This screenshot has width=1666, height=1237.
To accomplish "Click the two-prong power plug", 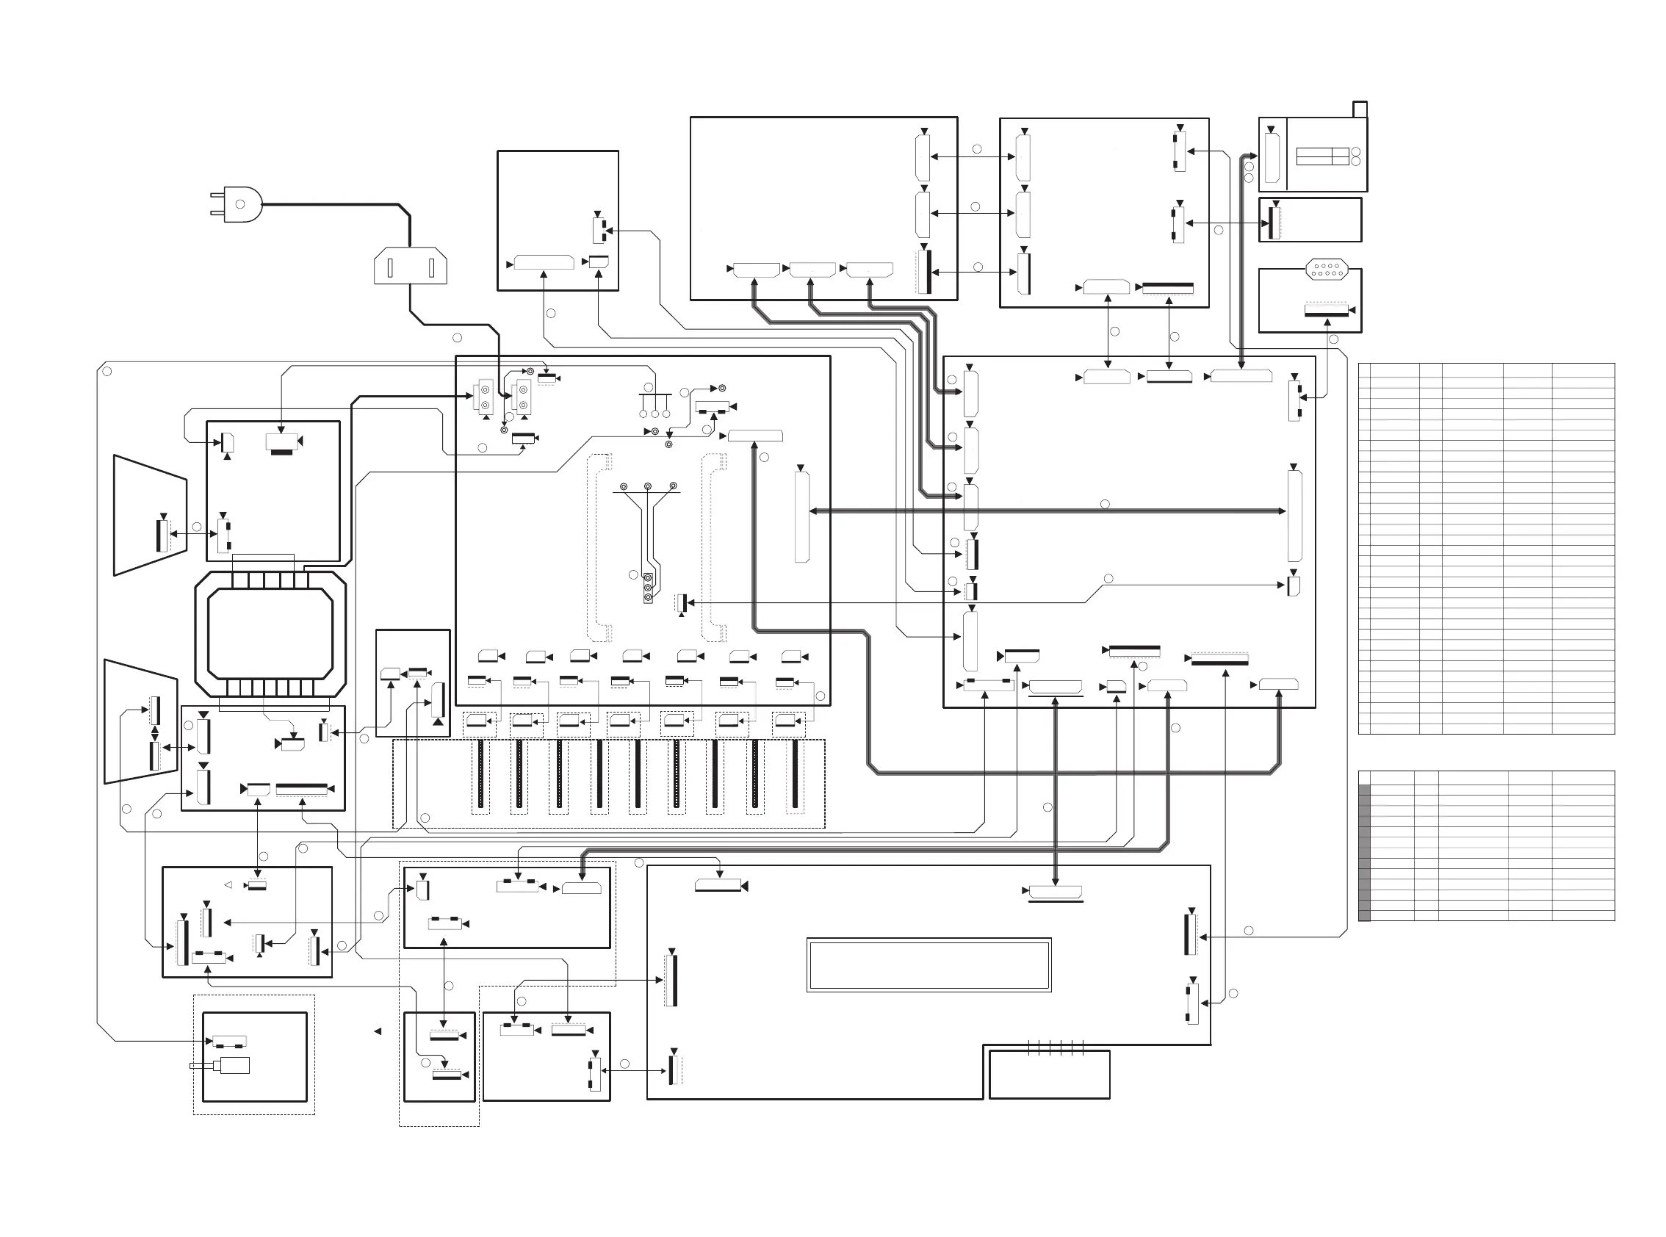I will (238, 203).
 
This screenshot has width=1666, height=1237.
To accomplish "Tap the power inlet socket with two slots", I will (411, 267).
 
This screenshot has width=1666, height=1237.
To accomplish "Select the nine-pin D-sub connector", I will (1327, 269).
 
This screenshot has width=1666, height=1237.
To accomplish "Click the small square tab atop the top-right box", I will (1360, 109).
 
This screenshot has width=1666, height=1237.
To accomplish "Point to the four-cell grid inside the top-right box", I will (1322, 156).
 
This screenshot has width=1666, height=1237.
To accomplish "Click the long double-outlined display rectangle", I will (928, 965).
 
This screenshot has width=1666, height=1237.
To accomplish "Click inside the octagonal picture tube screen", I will (270, 633).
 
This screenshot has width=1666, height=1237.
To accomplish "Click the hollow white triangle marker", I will (228, 885).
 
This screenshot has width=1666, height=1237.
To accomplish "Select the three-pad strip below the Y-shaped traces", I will (648, 588).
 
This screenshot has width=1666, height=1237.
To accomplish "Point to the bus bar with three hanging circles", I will (654, 394).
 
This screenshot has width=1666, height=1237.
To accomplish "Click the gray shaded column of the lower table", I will (1364, 851).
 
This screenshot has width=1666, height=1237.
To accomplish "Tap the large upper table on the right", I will (1485, 548).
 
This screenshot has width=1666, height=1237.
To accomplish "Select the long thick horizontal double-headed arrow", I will (1047, 511).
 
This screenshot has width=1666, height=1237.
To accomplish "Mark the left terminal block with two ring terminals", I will (483, 396).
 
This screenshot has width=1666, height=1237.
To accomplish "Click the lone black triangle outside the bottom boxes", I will (378, 1032).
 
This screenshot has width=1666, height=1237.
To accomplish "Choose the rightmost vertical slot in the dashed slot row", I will (795, 775).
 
